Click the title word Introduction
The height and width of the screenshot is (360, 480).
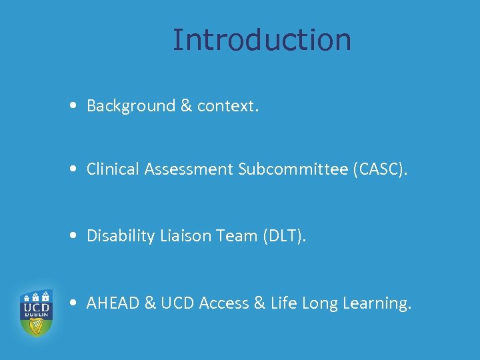click(261, 39)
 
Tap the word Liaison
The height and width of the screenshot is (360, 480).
click(182, 236)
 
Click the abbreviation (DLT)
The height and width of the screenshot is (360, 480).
click(280, 236)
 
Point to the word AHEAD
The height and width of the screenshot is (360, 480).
click(113, 303)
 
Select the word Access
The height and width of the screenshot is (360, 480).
click(224, 303)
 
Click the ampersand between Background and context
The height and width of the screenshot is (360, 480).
click(186, 105)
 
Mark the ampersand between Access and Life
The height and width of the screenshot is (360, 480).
click(259, 303)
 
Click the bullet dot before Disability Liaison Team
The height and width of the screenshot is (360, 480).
click(78, 237)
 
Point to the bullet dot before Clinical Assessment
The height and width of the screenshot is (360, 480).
click(78, 170)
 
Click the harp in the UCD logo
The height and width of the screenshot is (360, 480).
click(36, 325)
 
